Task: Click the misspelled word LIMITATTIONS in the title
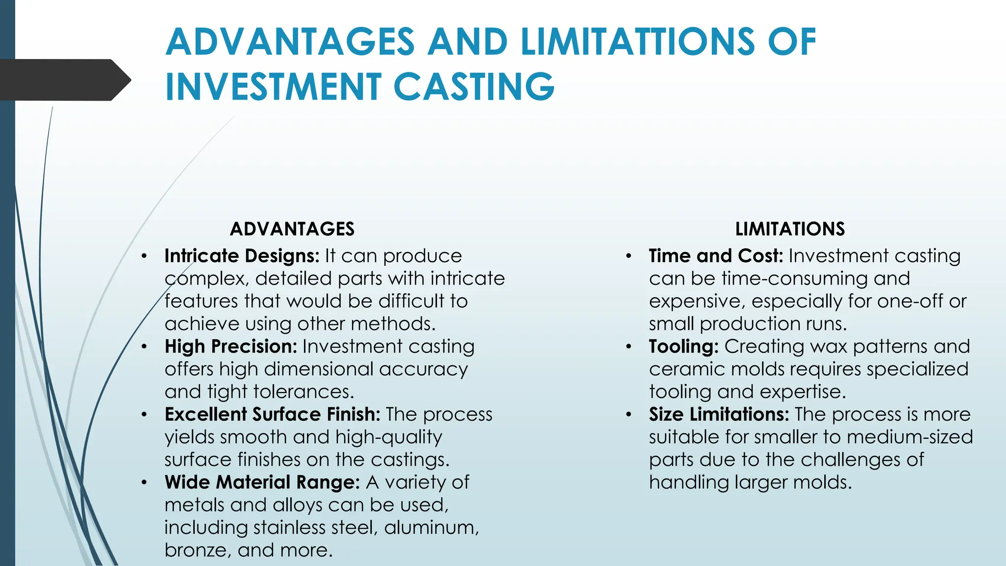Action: pos(638,42)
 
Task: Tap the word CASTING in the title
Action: pos(474,87)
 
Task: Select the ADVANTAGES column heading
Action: pos(292,229)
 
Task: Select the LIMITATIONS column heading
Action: pos(790,229)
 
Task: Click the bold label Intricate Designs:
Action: pos(242,256)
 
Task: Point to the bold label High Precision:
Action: pos(231,346)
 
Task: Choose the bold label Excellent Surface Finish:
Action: pos(272,414)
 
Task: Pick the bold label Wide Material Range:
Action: pos(262,482)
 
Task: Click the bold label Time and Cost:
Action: pos(716,256)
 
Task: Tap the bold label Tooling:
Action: pos(683,346)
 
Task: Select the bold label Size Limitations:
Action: pos(719,414)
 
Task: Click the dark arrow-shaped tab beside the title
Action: pos(64,80)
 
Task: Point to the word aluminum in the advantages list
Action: pos(431,528)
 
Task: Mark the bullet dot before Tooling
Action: pos(628,346)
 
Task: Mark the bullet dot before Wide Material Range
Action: pos(144,482)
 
